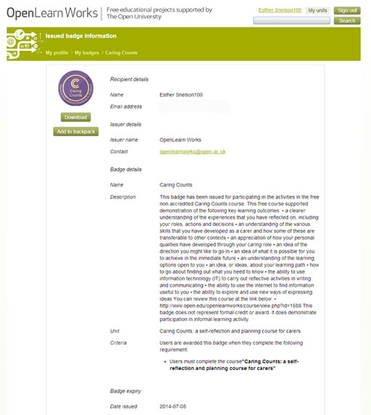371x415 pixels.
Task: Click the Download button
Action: pos(75,117)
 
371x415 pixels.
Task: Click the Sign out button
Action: pos(346,10)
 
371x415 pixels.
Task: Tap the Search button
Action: pos(347,20)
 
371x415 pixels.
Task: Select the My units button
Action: pos(317,10)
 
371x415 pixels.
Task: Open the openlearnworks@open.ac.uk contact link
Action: pos(193,151)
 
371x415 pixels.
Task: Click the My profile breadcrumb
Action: pos(57,53)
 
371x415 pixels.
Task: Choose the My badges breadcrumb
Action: pos(86,53)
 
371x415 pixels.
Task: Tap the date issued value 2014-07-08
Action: pos(173,406)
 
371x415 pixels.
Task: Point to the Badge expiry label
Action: pos(125,391)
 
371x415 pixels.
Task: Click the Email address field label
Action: pos(127,107)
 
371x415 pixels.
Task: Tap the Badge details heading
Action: pos(125,169)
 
